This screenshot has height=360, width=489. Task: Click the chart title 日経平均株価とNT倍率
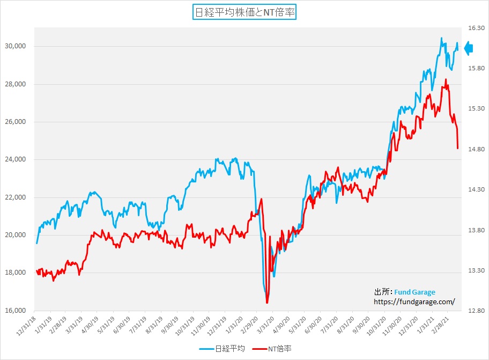(244, 12)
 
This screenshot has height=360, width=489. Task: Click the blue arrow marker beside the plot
(468, 48)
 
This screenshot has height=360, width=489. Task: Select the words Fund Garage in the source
(414, 292)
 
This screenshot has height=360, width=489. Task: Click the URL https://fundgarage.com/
(414, 302)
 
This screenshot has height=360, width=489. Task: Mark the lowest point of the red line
(266, 303)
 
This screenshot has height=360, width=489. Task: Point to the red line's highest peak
(446, 79)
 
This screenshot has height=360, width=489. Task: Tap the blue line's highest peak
(441, 38)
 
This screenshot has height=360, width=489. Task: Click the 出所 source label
(382, 292)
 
